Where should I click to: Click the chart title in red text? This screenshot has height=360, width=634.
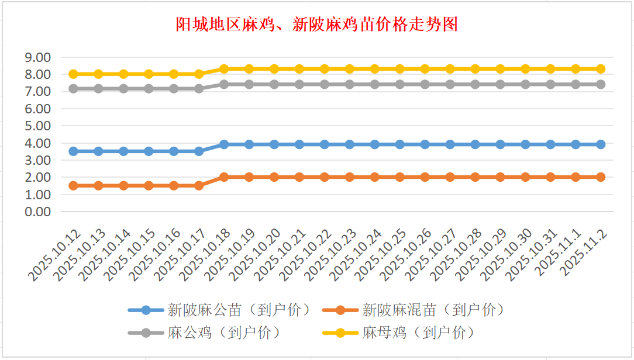click(316, 25)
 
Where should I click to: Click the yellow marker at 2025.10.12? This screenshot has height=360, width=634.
click(74, 74)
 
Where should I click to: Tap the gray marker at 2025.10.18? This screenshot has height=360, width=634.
click(224, 84)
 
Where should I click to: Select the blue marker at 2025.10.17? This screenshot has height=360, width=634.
click(199, 151)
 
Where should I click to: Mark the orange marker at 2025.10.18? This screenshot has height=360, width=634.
click(224, 177)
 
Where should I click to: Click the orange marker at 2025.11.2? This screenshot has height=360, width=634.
click(601, 177)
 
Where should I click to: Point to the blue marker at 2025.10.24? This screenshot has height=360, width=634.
click(375, 144)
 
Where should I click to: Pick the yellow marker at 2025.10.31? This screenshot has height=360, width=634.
click(550, 69)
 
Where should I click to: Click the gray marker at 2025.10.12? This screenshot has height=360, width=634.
click(74, 89)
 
